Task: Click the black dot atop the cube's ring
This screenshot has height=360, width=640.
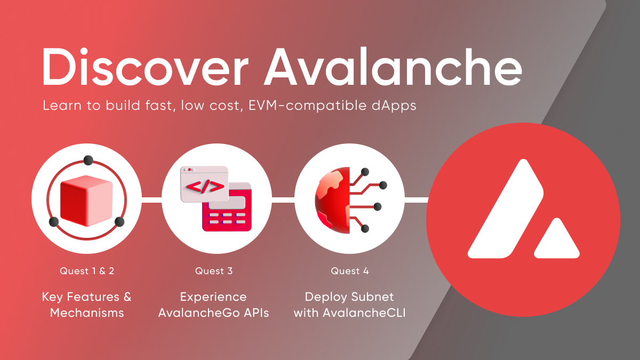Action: pyautogui.click(x=89, y=161)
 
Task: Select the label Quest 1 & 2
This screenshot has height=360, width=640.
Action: pyautogui.click(x=86, y=271)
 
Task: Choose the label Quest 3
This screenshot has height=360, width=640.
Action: pyautogui.click(x=214, y=271)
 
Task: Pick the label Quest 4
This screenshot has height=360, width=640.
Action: pyautogui.click(x=350, y=271)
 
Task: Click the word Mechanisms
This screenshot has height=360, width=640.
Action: pyautogui.click(x=87, y=313)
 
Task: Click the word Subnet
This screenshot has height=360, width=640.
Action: pyautogui.click(x=376, y=297)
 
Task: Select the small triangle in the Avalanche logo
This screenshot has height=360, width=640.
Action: pyautogui.click(x=556, y=242)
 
